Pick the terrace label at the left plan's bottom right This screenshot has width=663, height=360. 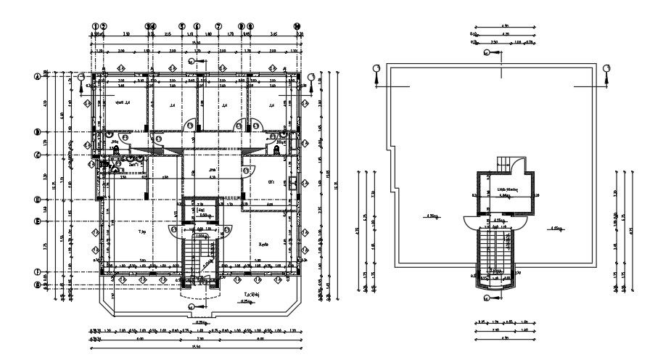(x=253, y=295)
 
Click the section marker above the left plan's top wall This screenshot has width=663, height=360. (x=191, y=62)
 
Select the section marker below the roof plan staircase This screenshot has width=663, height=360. (x=489, y=298)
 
